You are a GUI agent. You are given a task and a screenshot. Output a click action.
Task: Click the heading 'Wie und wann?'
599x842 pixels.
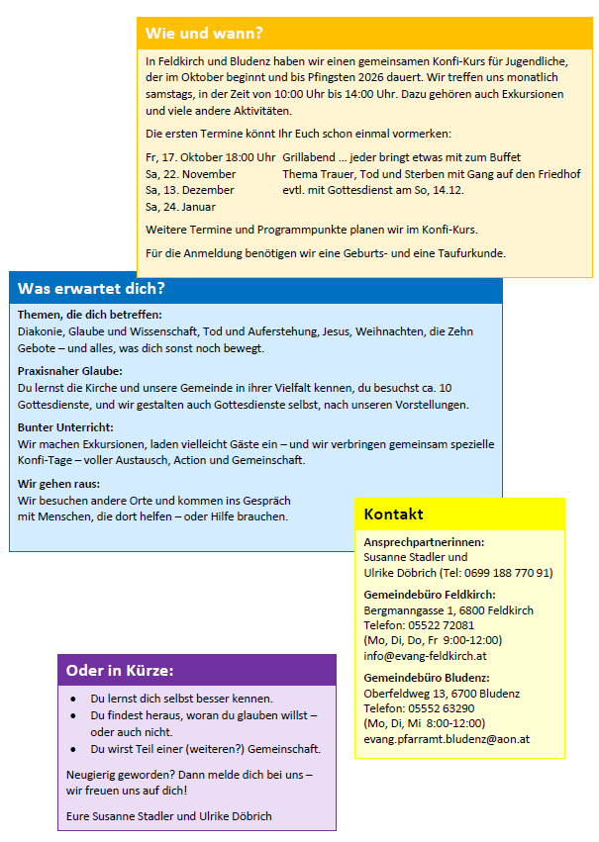click(x=204, y=33)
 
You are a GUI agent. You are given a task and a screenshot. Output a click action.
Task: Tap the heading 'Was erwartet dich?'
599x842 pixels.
click(x=91, y=289)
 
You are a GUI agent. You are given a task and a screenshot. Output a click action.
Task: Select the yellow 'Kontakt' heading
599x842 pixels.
click(x=393, y=515)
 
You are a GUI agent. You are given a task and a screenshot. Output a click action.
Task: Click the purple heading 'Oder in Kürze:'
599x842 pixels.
click(x=120, y=671)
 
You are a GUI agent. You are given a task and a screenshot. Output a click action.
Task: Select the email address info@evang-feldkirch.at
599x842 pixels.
click(x=424, y=655)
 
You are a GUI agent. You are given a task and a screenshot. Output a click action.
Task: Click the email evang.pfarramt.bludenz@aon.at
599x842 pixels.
click(x=447, y=738)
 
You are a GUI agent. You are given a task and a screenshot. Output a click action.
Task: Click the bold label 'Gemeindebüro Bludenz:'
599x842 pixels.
click(x=427, y=678)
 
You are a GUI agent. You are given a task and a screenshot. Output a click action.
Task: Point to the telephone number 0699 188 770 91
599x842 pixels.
click(x=502, y=572)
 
